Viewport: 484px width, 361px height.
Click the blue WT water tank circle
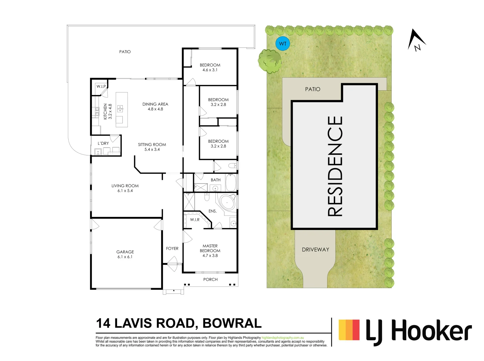pyautogui.click(x=283, y=44)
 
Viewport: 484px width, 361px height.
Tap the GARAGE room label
pyautogui.click(x=125, y=252)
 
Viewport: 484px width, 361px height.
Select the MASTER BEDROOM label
pyautogui.click(x=210, y=248)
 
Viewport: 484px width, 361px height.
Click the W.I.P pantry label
pyautogui.click(x=101, y=86)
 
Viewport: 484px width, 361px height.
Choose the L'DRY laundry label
pyautogui.click(x=103, y=143)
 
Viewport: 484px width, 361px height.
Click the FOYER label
pyautogui.click(x=172, y=248)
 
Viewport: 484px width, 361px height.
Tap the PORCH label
pyautogui.click(x=210, y=279)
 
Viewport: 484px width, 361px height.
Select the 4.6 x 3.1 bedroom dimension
pyautogui.click(x=210, y=70)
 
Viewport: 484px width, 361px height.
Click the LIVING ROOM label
pyautogui.click(x=125, y=186)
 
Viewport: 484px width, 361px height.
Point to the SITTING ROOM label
pyautogui.click(x=152, y=145)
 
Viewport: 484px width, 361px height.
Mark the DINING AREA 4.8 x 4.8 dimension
pyautogui.click(x=155, y=109)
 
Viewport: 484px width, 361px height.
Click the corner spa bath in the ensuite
pyautogui.click(x=227, y=203)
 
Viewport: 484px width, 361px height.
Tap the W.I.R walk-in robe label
pyautogui.click(x=195, y=220)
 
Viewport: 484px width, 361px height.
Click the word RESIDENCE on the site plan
pyautogui.click(x=335, y=166)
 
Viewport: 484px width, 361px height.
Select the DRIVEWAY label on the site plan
pyautogui.click(x=315, y=250)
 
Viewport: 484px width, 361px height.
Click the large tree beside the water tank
pyautogui.click(x=269, y=61)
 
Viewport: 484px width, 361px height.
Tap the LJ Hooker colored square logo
pyautogui.click(x=349, y=330)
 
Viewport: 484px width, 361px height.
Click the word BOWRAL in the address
pyautogui.click(x=232, y=324)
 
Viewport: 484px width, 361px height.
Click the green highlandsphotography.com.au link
pyautogui.click(x=283, y=338)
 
